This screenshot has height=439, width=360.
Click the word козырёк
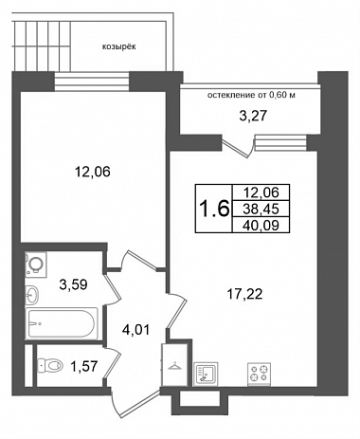(119, 47)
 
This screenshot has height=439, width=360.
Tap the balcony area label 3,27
(253, 116)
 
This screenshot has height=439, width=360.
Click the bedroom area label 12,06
(92, 172)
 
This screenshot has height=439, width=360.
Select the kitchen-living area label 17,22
(244, 295)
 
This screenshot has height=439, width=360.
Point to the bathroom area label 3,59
(73, 284)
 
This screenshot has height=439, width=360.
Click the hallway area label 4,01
(135, 330)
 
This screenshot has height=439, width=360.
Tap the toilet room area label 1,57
(83, 367)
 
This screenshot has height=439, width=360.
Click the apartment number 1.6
(214, 209)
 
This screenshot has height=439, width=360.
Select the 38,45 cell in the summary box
(261, 209)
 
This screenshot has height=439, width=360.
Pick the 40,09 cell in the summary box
(261, 225)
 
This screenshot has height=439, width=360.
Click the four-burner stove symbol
(260, 374)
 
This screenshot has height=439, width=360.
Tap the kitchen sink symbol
(207, 374)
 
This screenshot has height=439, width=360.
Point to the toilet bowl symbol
(50, 366)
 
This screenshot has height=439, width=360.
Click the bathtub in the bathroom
(62, 323)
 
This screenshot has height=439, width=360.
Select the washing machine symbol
(36, 265)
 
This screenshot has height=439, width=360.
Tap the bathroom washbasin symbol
(32, 294)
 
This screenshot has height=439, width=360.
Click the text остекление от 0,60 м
(251, 95)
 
